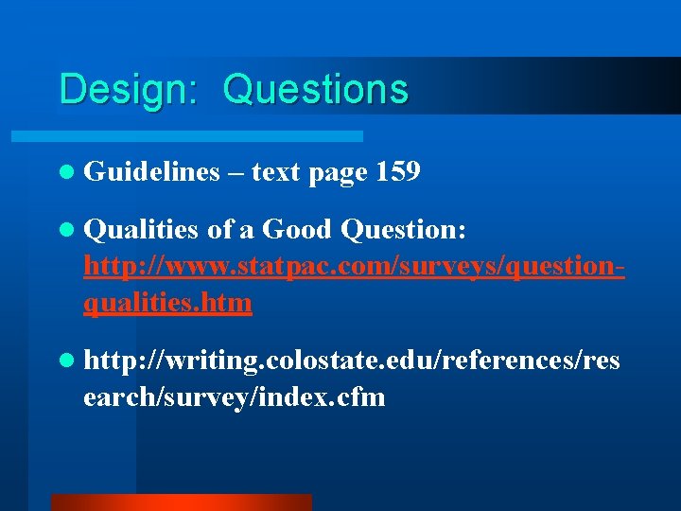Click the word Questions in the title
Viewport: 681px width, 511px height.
(315, 90)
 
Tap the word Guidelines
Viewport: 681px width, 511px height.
(150, 172)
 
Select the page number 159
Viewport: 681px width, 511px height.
(398, 172)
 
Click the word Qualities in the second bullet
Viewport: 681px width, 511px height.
(141, 230)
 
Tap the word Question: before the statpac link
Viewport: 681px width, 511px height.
(403, 230)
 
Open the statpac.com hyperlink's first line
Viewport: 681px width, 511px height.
(354, 267)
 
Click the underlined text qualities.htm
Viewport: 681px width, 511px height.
(167, 303)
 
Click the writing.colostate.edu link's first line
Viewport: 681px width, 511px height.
(352, 360)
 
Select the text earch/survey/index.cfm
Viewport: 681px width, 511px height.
(234, 396)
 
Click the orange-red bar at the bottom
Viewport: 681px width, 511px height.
(181, 502)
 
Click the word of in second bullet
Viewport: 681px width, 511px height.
(218, 230)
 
